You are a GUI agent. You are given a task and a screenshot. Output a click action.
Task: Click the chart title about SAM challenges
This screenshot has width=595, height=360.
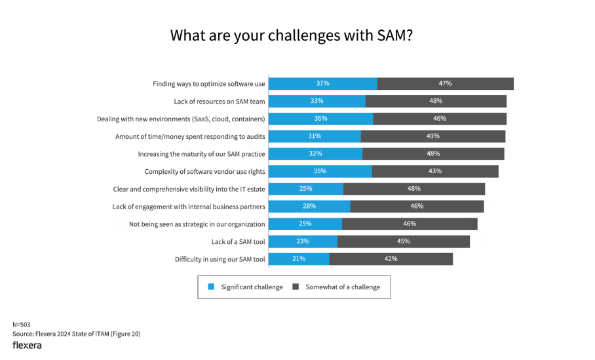tap(291, 35)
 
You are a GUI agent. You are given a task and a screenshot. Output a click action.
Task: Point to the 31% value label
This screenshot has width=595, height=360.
tap(315, 136)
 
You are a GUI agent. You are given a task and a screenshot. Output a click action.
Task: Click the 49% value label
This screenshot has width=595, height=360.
tap(432, 136)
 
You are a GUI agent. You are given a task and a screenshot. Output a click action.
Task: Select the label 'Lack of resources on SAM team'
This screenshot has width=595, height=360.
tap(220, 101)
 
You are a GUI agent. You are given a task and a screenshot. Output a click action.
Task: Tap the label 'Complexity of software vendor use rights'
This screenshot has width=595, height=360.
tap(204, 171)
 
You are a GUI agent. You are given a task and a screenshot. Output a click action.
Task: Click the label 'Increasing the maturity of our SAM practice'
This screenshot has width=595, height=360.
tap(201, 154)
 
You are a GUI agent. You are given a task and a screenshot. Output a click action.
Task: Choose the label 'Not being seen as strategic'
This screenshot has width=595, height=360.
tap(197, 224)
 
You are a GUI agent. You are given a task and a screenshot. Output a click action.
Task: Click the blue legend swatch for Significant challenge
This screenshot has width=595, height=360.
tap(211, 287)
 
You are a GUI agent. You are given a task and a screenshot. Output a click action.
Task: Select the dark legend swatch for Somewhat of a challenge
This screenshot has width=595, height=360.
tap(296, 287)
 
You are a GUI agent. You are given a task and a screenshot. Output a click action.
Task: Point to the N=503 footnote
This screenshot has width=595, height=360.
tap(22, 325)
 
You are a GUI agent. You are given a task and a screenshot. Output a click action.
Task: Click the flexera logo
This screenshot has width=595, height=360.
tap(27, 345)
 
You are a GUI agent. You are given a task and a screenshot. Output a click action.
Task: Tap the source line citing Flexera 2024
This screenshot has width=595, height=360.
tap(76, 334)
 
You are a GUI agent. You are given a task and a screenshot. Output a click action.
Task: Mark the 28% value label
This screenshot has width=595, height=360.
tap(309, 206)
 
